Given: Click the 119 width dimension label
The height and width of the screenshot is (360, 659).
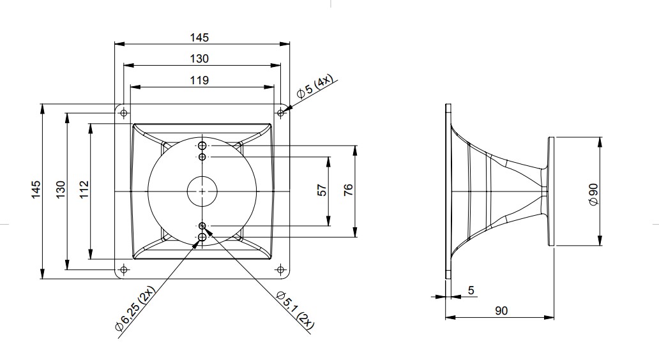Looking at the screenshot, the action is coord(199,80).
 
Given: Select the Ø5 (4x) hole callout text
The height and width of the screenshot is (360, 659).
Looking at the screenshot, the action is coord(314,87).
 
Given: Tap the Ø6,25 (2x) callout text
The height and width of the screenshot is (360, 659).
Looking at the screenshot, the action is coord(135,309).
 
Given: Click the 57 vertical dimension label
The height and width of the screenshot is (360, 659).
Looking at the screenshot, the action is coord(321,190).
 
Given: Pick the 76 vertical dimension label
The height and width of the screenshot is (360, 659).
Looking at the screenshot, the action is coord(349,190).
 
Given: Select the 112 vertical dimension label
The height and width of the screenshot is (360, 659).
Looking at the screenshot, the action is coord(84,190).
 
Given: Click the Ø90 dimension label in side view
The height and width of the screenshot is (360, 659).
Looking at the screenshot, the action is coord(593,195).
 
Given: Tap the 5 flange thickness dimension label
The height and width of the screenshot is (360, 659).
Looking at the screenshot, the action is coord(471,290).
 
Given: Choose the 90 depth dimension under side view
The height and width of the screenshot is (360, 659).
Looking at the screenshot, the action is coord(501,311).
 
